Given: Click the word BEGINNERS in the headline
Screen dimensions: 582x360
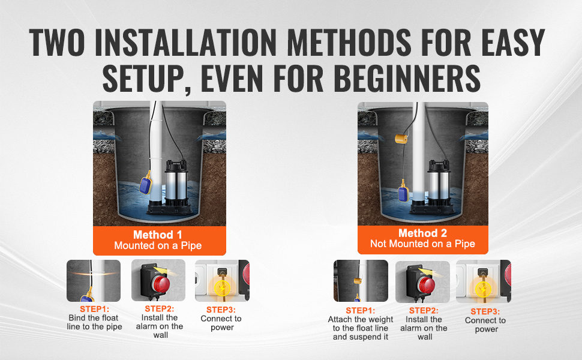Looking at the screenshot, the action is [x=407, y=79].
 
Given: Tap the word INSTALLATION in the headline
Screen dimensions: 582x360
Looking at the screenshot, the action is [x=185, y=42].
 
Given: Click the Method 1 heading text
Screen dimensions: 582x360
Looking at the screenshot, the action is [x=158, y=235].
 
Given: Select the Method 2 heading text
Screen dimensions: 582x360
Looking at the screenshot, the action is [x=422, y=233].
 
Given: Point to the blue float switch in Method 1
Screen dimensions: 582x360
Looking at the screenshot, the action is [x=146, y=184].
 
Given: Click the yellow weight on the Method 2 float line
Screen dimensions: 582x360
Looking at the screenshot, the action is [x=401, y=139].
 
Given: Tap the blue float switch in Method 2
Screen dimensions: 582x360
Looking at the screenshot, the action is [x=403, y=192].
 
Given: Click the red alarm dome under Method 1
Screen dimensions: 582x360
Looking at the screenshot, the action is [x=161, y=284].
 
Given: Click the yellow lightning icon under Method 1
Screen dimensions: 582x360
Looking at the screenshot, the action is [x=222, y=287].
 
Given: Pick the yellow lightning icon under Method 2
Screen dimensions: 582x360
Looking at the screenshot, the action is [x=483, y=289].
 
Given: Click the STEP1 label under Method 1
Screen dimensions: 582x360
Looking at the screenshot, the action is [x=94, y=309].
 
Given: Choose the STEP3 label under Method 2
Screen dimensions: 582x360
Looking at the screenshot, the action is [x=485, y=311].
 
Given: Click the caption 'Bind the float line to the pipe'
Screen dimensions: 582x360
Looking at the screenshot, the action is [x=94, y=322].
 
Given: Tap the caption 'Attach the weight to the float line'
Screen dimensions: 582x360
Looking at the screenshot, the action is [x=361, y=323].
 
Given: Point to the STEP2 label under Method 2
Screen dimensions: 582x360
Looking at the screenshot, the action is [x=424, y=310].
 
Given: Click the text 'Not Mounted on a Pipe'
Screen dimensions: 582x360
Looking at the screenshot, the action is [x=422, y=244].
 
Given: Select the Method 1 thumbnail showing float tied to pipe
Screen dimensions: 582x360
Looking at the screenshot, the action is [x=94, y=281].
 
